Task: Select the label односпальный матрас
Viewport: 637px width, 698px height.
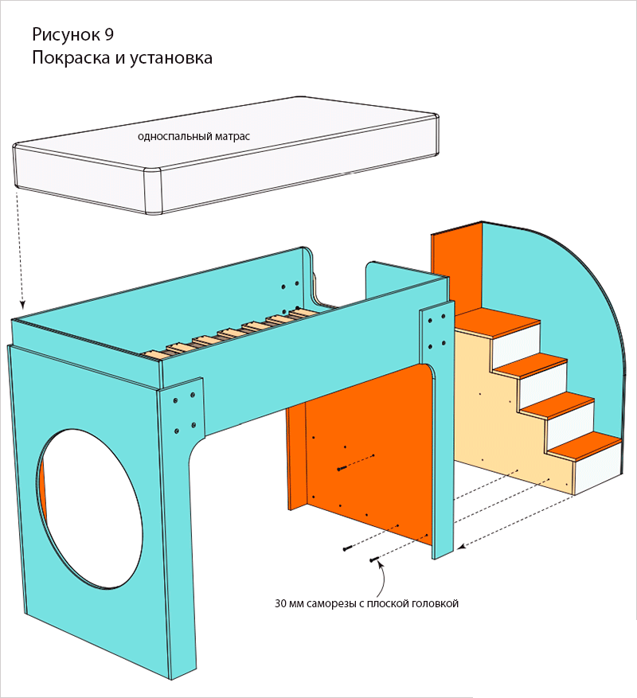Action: pos(193,136)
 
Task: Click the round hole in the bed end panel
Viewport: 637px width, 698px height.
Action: pos(89,505)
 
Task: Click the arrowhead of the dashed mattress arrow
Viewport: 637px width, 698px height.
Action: pos(23,306)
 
